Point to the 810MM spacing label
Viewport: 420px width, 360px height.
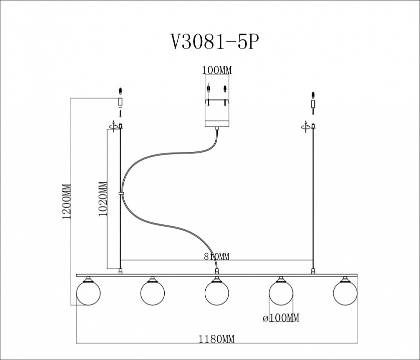[x=217, y=257]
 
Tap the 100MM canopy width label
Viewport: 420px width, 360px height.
[x=217, y=70]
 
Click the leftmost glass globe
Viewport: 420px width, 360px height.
[x=88, y=293]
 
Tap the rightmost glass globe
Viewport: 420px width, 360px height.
[x=345, y=293]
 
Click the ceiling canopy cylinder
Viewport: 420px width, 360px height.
[x=217, y=117]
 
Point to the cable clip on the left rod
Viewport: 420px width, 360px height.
[x=121, y=192]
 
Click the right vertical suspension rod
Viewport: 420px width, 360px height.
[x=313, y=200]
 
